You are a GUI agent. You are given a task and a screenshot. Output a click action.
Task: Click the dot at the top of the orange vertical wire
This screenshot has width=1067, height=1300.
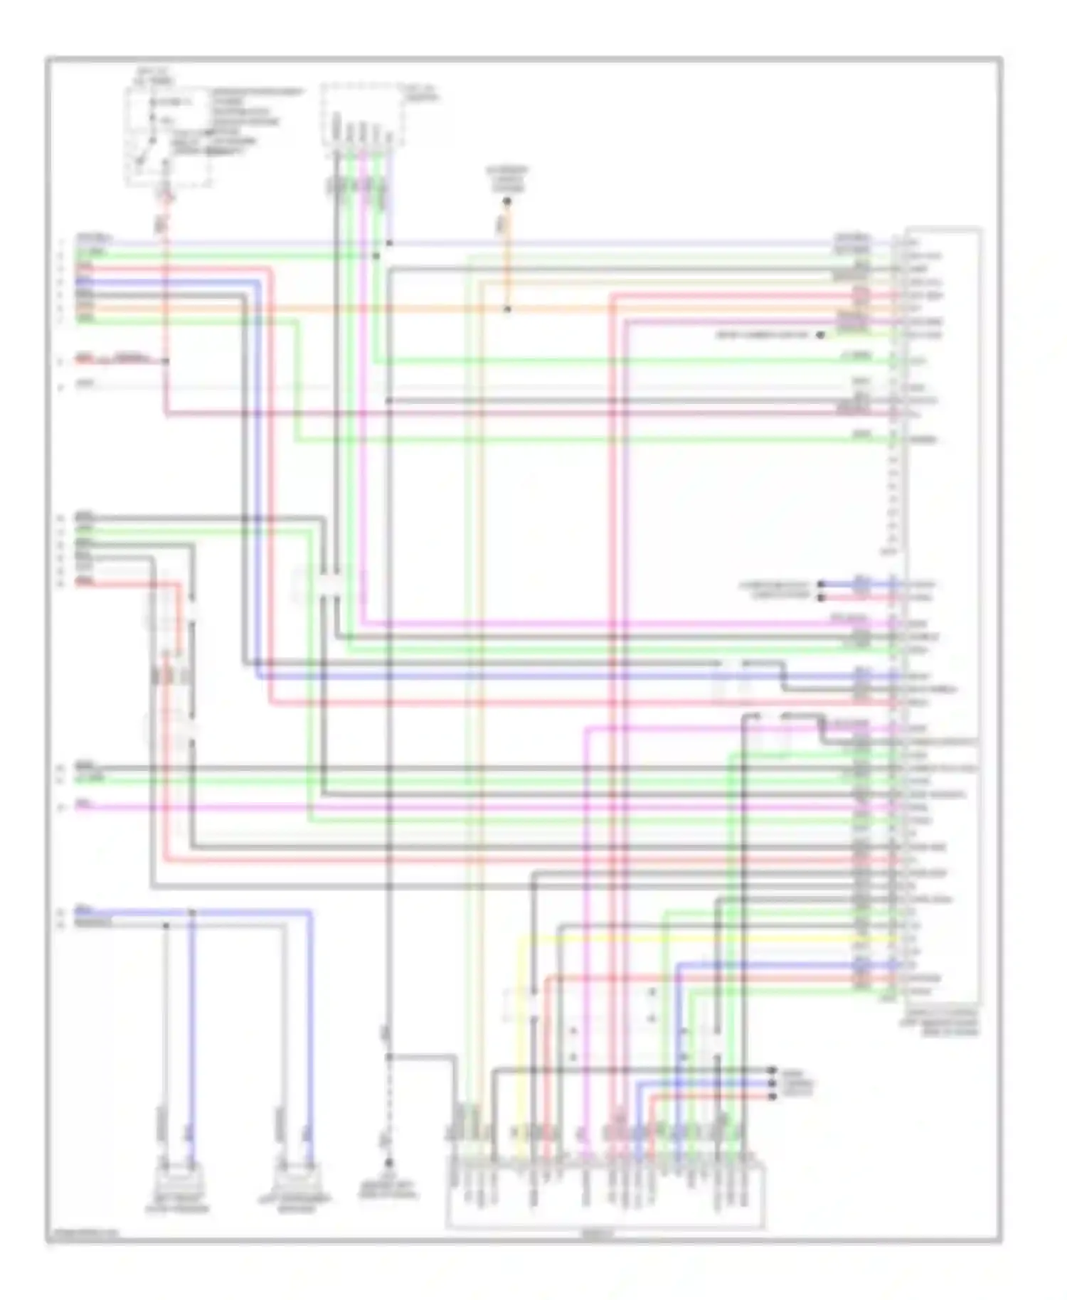(x=507, y=202)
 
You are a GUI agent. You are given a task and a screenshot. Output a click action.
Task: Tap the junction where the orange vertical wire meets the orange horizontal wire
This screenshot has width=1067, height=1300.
(x=507, y=309)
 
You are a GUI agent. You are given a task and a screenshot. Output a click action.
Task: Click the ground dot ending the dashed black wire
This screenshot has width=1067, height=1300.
(x=388, y=1162)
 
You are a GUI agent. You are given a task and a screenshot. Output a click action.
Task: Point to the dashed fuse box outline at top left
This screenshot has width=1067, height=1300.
(x=169, y=137)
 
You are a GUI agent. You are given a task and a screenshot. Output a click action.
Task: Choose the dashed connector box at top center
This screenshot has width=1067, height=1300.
(x=363, y=116)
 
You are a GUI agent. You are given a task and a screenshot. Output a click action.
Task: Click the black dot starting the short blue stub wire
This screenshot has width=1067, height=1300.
(x=820, y=585)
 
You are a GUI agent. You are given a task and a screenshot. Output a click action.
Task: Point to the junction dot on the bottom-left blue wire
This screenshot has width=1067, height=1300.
(x=191, y=912)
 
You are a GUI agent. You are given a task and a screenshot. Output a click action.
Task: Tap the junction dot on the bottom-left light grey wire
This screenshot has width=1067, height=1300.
(x=166, y=925)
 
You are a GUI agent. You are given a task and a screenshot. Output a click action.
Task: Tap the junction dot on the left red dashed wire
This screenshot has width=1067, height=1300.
(x=166, y=361)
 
